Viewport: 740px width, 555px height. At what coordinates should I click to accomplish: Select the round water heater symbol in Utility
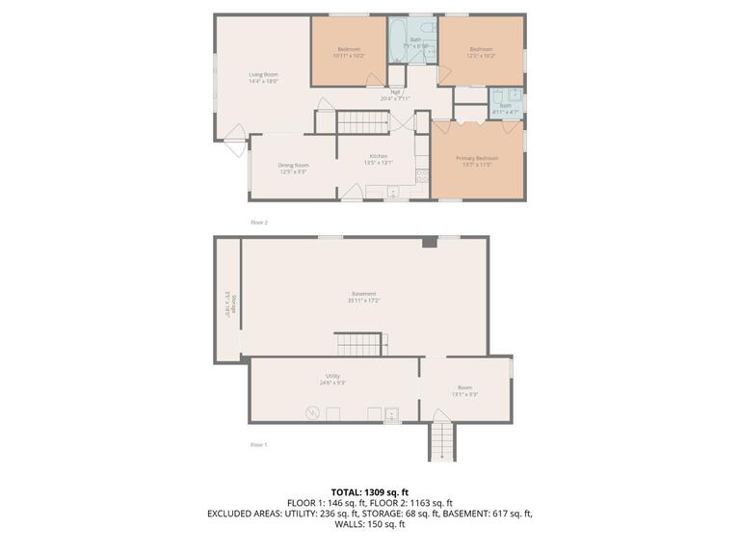click(x=312, y=413)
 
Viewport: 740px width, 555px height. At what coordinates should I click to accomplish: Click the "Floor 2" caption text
click(x=258, y=223)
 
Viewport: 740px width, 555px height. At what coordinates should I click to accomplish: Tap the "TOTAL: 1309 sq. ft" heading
click(x=370, y=491)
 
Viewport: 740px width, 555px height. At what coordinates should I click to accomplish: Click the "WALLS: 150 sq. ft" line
click(x=370, y=525)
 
